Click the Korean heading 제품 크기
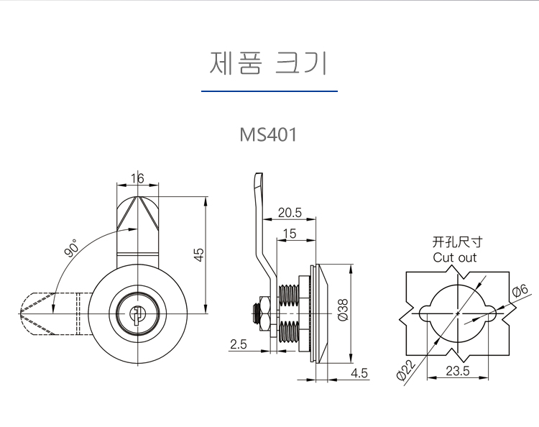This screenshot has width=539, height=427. [269, 63]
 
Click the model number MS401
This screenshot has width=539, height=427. [269, 135]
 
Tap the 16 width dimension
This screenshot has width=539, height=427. [137, 178]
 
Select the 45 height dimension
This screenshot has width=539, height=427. [200, 254]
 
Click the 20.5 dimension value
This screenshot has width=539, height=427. [289, 212]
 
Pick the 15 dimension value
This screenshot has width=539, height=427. [290, 233]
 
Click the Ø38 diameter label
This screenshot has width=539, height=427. [343, 311]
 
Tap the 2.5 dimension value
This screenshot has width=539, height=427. [239, 345]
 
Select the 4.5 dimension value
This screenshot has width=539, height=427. [359, 372]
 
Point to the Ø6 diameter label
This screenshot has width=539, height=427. [519, 291]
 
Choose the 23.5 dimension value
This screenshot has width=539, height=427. [457, 372]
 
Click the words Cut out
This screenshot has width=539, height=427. [454, 257]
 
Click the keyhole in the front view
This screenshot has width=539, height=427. [137, 313]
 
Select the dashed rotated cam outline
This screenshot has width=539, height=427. [50, 313]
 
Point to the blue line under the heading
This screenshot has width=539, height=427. [269, 91]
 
